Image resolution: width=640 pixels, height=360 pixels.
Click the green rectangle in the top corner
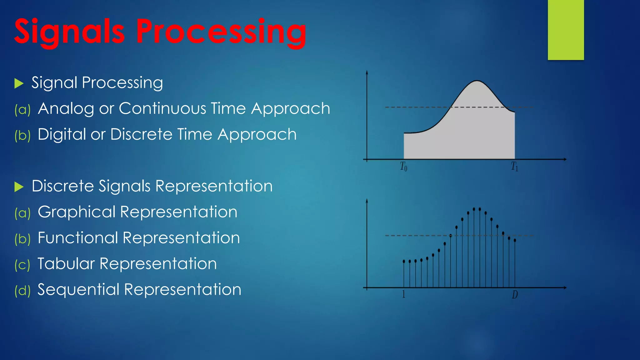[x=566, y=30]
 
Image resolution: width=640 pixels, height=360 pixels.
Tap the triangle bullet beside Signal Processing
[x=19, y=83]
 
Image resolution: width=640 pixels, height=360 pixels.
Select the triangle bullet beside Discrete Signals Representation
[x=19, y=187]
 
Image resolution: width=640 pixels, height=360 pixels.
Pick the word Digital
[x=62, y=135]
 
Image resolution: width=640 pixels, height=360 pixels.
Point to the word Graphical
[x=77, y=212]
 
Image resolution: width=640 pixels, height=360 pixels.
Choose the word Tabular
[x=66, y=264]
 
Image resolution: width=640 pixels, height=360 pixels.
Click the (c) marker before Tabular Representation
[x=22, y=265]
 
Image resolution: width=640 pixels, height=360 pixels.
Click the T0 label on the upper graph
[x=403, y=166]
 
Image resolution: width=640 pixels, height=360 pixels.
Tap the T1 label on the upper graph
[x=514, y=166]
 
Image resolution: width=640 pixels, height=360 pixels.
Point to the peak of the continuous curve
[x=477, y=81]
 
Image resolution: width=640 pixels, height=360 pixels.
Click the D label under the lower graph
[x=515, y=294]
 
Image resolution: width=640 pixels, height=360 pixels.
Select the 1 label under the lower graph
[x=403, y=294]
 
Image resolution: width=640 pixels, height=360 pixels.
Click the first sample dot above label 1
[x=404, y=261]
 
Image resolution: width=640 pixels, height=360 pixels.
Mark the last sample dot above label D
[x=515, y=240]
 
